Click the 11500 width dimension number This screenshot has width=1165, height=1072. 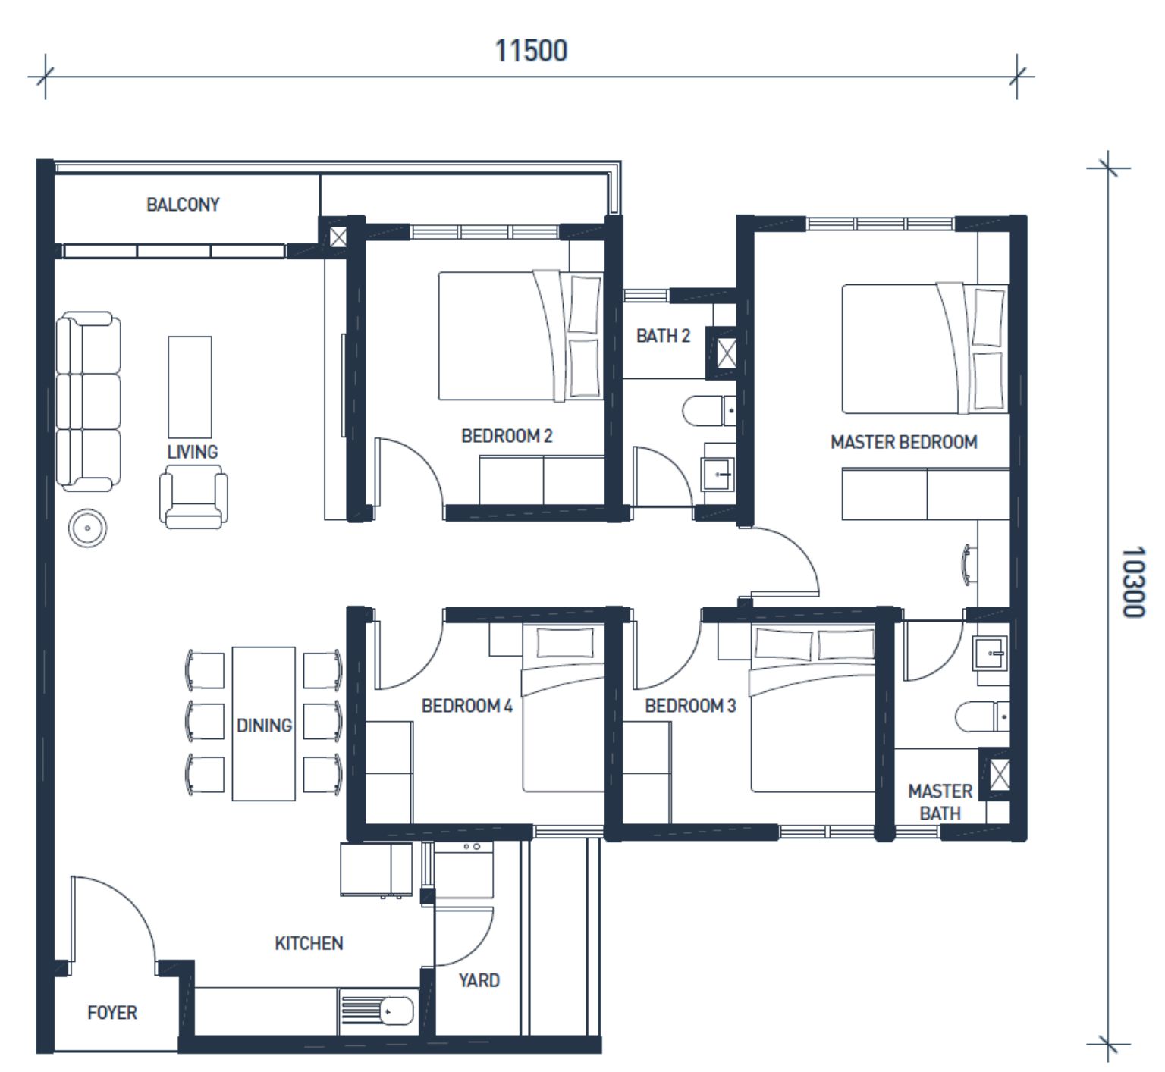(x=531, y=51)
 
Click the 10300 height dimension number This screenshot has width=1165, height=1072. (x=1133, y=582)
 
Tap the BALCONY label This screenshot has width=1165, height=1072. (x=183, y=205)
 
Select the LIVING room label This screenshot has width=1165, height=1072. (x=193, y=452)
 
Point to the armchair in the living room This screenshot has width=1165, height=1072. (x=193, y=497)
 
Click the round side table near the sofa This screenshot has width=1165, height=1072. (x=87, y=528)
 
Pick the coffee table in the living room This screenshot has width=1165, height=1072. (x=190, y=387)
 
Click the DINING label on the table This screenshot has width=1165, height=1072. (x=264, y=726)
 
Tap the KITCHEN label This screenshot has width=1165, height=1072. (x=309, y=943)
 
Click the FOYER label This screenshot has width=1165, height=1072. (x=112, y=1013)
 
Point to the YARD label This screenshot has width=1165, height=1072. (x=479, y=980)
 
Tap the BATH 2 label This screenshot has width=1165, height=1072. (x=664, y=336)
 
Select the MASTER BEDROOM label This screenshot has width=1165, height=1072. (x=904, y=442)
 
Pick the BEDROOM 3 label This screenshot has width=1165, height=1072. (x=690, y=706)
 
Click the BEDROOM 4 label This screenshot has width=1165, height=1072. (x=467, y=706)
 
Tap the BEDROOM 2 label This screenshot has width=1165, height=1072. (x=507, y=436)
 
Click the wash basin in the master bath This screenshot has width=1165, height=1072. (x=991, y=653)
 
